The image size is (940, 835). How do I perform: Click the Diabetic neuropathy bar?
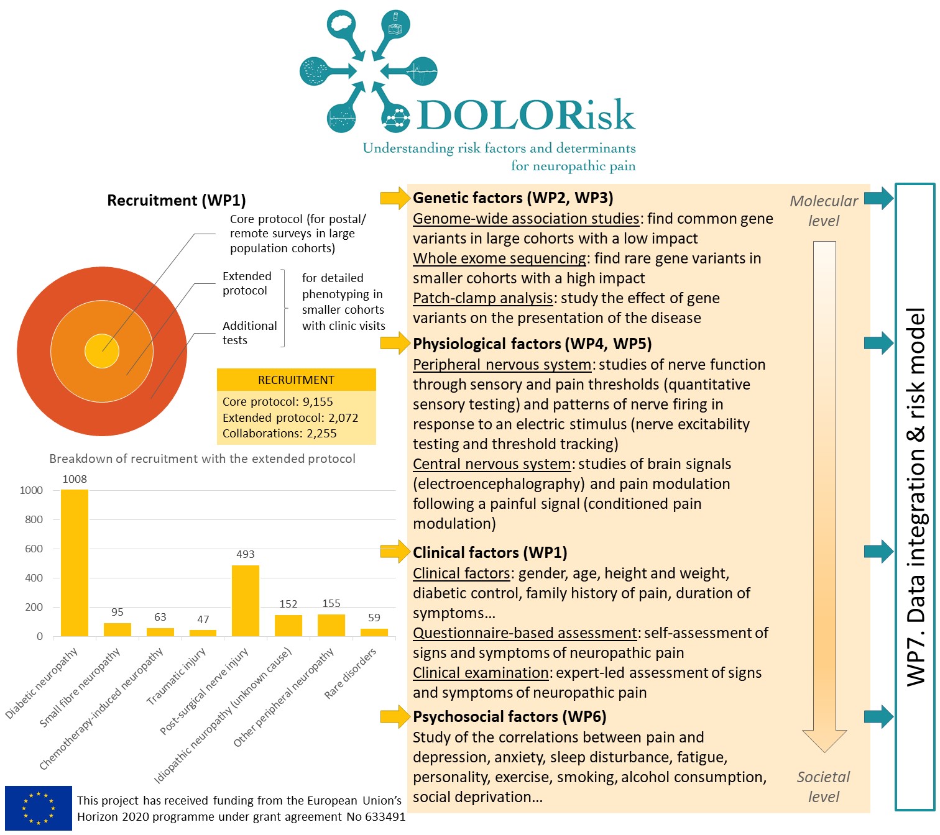pyautogui.click(x=75, y=563)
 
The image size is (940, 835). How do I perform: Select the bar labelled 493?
pyautogui.click(x=246, y=600)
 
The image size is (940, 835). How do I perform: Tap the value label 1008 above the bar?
pyautogui.click(x=75, y=479)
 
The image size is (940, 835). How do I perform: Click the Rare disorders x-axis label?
pyautogui.click(x=351, y=673)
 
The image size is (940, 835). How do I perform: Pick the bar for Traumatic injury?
pyautogui.click(x=203, y=633)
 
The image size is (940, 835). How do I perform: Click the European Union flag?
pyautogui.click(x=39, y=808)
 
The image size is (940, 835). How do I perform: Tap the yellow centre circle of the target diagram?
pyautogui.click(x=102, y=350)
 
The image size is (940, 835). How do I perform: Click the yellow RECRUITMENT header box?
pyautogui.click(x=296, y=380)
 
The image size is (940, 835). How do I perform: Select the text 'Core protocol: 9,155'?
pyautogui.click(x=278, y=401)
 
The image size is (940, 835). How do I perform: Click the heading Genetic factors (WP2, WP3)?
pyautogui.click(x=513, y=198)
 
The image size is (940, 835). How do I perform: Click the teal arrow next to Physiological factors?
pyautogui.click(x=878, y=342)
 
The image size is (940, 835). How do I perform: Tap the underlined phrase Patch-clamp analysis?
pyautogui.click(x=483, y=298)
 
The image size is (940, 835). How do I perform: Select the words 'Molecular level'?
pyautogui.click(x=824, y=211)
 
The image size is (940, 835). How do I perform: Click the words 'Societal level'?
pyautogui.click(x=824, y=787)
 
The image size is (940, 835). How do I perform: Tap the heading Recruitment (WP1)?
pyautogui.click(x=177, y=200)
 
